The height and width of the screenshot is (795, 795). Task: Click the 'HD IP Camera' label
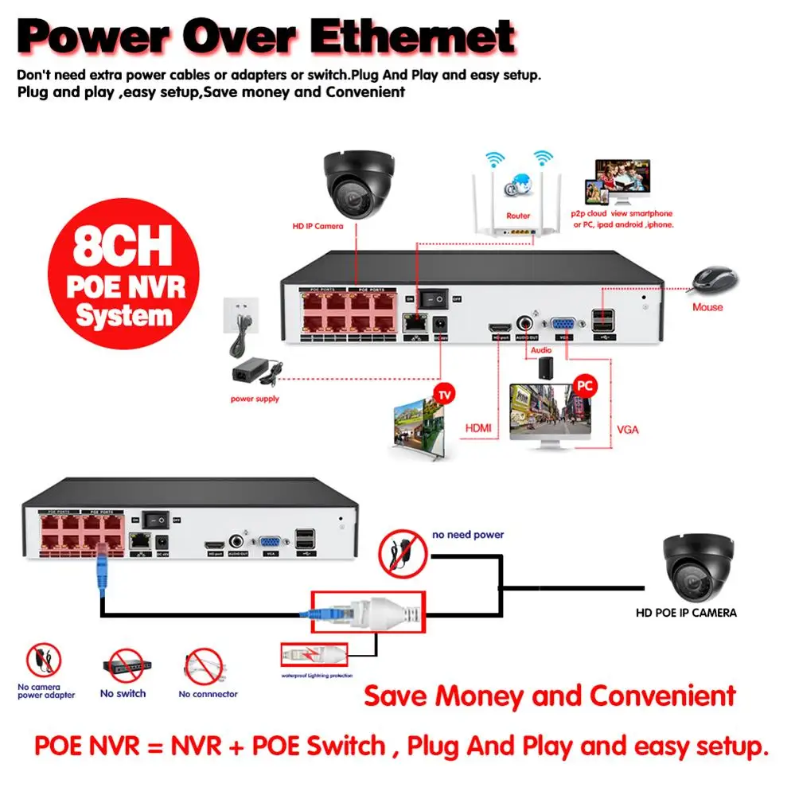pyautogui.click(x=318, y=226)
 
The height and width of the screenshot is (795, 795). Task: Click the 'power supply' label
pyautogui.click(x=255, y=399)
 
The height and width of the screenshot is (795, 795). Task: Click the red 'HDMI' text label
pyautogui.click(x=477, y=429)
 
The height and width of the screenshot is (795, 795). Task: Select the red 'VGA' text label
pyautogui.click(x=628, y=430)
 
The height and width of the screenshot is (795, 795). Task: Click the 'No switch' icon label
pyautogui.click(x=123, y=694)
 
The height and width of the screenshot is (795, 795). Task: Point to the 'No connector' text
pyautogui.click(x=208, y=694)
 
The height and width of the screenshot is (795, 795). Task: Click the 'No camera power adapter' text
pyautogui.click(x=46, y=690)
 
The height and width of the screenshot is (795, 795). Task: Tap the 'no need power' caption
pyautogui.click(x=467, y=535)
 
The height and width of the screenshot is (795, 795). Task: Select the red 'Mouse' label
pyautogui.click(x=707, y=306)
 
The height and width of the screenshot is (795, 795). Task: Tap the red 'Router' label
pyautogui.click(x=518, y=215)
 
